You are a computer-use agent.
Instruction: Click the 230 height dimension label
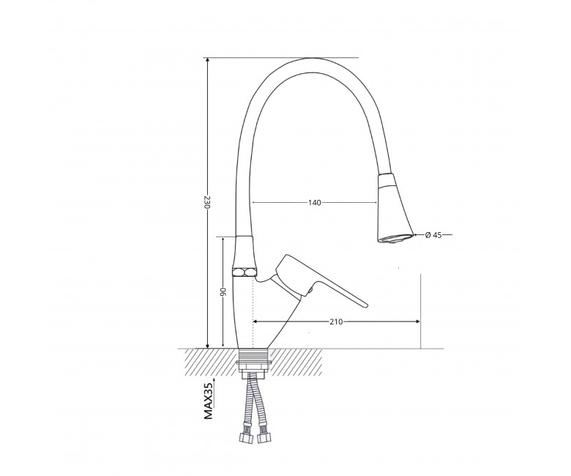[207, 202]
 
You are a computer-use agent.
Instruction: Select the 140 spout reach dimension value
[314, 203]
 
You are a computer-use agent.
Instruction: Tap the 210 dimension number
[336, 321]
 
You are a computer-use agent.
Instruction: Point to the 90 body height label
[223, 291]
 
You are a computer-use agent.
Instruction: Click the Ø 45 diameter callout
[433, 235]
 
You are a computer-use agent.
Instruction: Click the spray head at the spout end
[395, 209]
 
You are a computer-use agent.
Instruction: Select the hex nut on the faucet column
[245, 272]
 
